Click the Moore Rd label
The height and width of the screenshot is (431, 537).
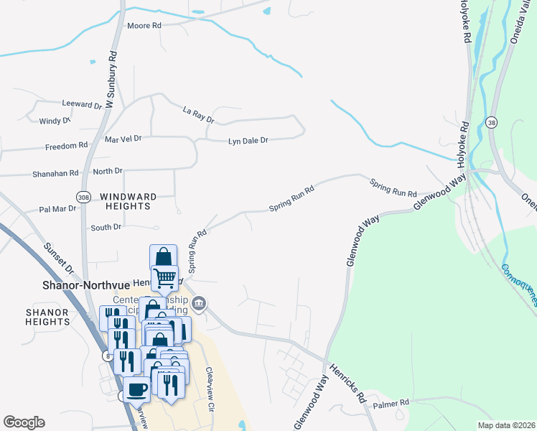tap(144, 25)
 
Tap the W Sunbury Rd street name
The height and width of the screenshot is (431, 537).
tap(111, 80)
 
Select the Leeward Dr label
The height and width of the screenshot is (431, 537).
tap(83, 105)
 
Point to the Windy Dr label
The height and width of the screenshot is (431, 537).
tap(55, 121)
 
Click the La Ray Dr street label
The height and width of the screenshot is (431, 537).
tap(198, 114)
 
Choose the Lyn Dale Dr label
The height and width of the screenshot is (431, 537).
tap(248, 141)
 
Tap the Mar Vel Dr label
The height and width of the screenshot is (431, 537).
tap(123, 139)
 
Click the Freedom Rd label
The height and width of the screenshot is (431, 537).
tap(66, 147)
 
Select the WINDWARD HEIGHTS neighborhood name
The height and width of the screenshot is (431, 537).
tap(125, 201)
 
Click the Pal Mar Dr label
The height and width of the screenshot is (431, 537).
tap(58, 210)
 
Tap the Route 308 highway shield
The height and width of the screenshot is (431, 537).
tap(83, 196)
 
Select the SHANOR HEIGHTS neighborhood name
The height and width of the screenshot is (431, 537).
tap(47, 317)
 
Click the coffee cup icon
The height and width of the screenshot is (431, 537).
tap(136, 389)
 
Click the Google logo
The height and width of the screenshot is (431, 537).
tap(24, 422)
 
